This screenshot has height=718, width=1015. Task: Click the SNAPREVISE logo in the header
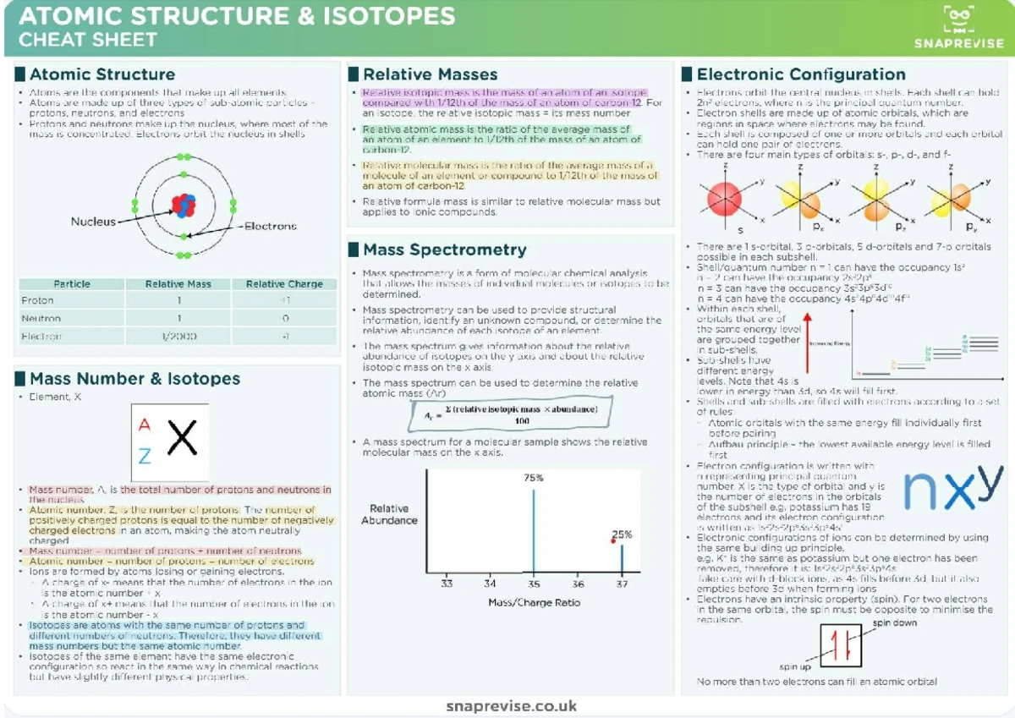pos(958,27)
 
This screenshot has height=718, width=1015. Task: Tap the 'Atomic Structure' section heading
pos(102,74)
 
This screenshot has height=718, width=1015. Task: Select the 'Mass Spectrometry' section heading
pos(444,249)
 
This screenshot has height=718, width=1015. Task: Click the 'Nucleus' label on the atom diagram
pos(93,222)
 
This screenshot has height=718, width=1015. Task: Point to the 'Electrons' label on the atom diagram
pos(271,226)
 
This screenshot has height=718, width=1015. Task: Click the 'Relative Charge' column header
pos(284,284)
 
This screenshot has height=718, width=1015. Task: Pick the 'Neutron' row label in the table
pos(41,319)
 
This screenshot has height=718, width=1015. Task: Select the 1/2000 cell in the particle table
pos(178,337)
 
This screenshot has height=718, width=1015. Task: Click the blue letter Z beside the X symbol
pos(145,457)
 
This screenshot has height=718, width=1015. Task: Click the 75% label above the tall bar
pos(533,478)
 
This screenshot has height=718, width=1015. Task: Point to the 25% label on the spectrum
pos(622,534)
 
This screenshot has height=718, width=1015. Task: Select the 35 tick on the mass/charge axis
pos(533,584)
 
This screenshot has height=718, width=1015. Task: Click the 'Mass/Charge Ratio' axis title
pos(534,602)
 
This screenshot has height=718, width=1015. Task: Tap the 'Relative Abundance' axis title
pos(389,514)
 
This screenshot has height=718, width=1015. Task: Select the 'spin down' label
pos(894,622)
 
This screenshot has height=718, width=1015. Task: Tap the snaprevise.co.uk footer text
pos(511,705)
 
